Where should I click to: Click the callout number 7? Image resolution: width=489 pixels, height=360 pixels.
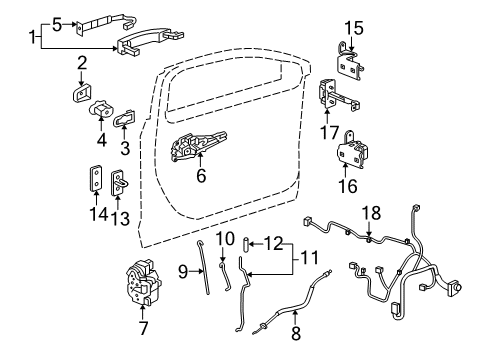[x=143, y=328]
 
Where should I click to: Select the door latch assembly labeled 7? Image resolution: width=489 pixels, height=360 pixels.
[x=144, y=282]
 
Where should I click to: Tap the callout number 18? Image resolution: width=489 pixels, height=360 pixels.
[x=371, y=213]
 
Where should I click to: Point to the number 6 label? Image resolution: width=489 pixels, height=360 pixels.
[x=201, y=175]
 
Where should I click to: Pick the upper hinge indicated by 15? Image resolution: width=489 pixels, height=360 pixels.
[x=349, y=62]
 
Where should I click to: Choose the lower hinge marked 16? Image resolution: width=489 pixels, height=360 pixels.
[x=353, y=150]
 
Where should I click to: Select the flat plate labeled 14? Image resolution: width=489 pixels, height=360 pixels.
[x=96, y=178]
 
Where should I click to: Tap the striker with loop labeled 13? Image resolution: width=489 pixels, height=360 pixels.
[x=119, y=183]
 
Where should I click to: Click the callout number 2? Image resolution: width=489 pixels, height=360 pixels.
[x=82, y=63]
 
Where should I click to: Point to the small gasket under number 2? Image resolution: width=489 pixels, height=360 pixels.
[x=82, y=92]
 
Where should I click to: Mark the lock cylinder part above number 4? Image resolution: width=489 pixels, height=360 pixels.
[x=101, y=109]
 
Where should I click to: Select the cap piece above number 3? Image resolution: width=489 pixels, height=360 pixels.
[x=125, y=118]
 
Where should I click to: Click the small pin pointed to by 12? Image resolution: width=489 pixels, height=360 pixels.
[x=247, y=245]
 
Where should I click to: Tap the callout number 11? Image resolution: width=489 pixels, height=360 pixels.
[x=309, y=258]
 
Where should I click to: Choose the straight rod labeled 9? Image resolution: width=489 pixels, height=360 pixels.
[x=203, y=267]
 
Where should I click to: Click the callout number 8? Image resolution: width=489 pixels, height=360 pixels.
[x=296, y=333]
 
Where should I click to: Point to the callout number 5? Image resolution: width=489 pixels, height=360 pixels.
[x=57, y=25]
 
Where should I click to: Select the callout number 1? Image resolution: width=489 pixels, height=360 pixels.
[x=32, y=37]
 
